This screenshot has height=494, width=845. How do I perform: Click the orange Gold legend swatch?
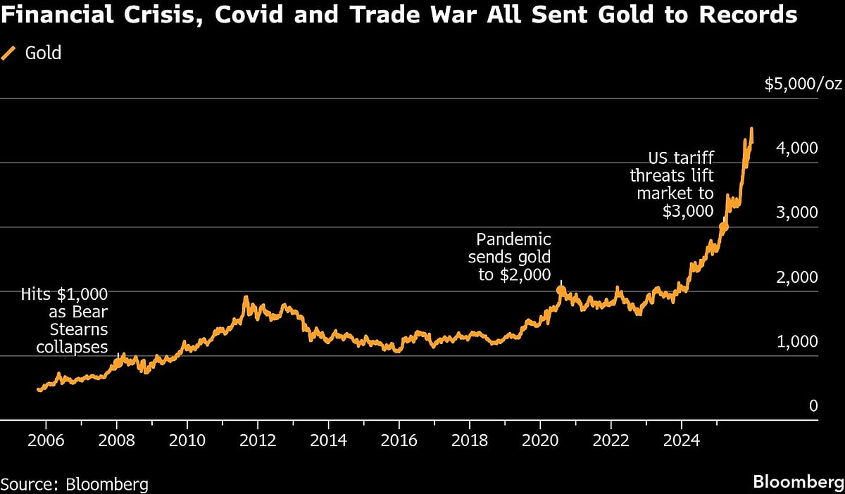click(x=10, y=53)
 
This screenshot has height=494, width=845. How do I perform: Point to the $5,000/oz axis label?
click(x=803, y=84)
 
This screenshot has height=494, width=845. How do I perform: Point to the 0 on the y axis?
click(x=813, y=406)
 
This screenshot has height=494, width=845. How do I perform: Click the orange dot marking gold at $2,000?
click(x=561, y=290)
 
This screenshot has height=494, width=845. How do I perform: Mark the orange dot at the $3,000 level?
click(x=723, y=227)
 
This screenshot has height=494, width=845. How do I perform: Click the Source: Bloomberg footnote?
click(x=74, y=484)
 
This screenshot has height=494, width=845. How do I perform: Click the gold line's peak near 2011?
click(x=246, y=298)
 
